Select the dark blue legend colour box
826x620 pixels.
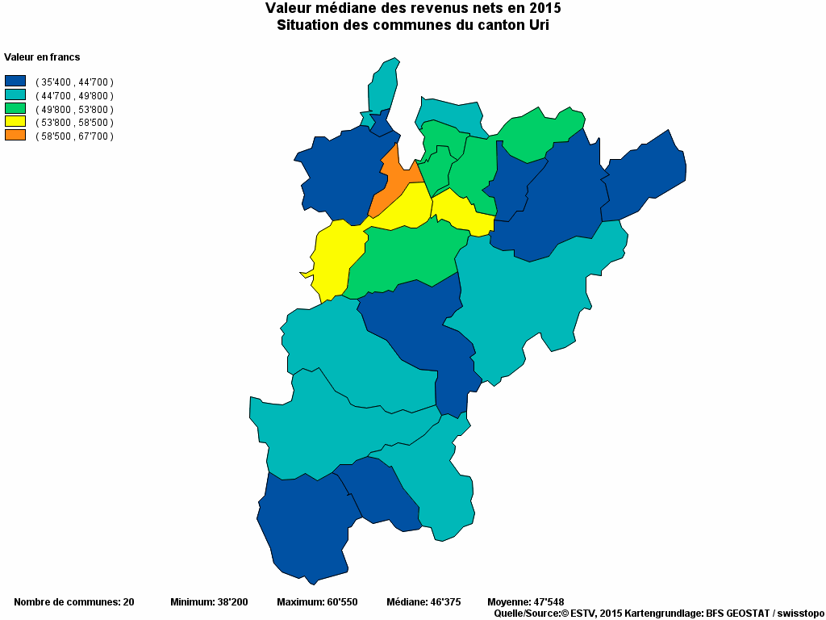pos(15,81)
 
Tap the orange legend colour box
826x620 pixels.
pos(15,135)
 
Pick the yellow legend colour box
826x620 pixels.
pos(15,121)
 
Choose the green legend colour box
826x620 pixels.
pos(15,108)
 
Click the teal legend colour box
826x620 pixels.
pos(15,94)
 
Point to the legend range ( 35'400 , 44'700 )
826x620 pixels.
pos(74,82)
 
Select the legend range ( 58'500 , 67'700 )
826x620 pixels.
pos(74,136)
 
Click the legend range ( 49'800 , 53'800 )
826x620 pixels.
pos(74,109)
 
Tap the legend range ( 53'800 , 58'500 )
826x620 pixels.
pos(74,123)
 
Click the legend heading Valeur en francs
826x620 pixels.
pos(42,57)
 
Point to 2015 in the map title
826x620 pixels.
pos(544,8)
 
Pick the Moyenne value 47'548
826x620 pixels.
pos(549,602)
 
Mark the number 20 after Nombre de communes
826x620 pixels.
pos(127,602)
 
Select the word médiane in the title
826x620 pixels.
pos(341,8)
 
